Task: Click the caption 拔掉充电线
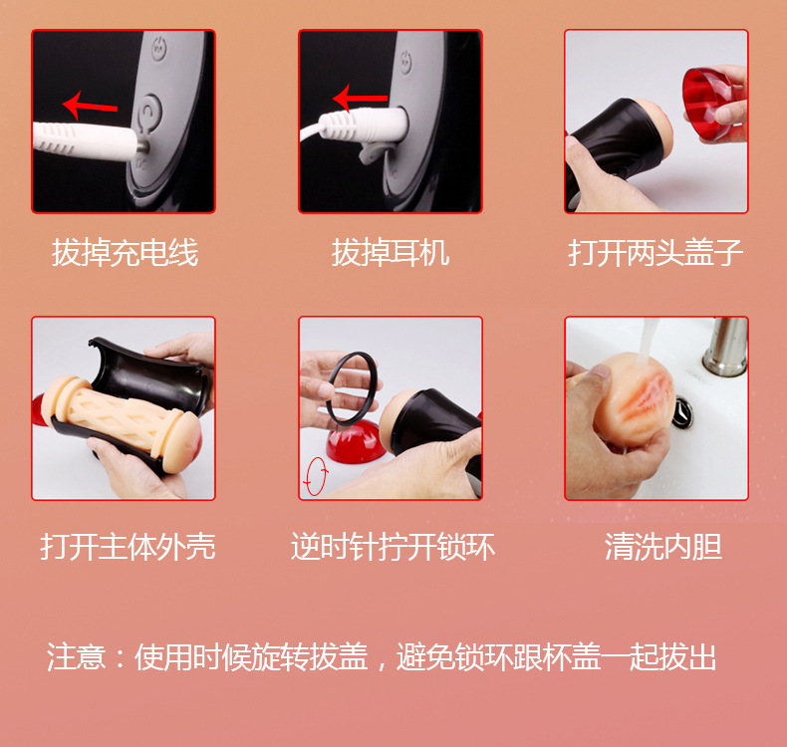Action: [x=125, y=253]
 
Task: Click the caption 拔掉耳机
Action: [x=391, y=253]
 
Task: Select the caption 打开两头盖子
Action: [x=656, y=253]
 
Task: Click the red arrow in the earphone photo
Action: [x=360, y=98]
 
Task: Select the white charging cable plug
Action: [x=85, y=135]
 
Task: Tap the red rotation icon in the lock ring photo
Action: [x=314, y=477]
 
